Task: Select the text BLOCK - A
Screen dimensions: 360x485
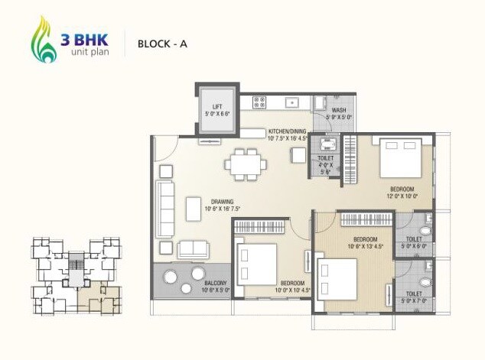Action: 162,44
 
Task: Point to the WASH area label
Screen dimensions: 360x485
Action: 338,113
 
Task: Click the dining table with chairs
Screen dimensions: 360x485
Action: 246,162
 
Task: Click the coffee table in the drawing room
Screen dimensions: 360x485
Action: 194,208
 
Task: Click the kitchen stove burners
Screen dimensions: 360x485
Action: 259,101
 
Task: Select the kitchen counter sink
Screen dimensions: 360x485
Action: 291,102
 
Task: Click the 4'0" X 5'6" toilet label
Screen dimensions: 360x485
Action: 324,167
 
